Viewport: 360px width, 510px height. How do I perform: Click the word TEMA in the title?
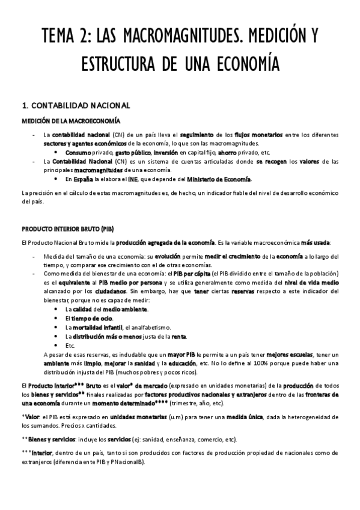(x=59, y=37)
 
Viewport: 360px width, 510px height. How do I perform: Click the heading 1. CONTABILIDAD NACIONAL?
(x=75, y=106)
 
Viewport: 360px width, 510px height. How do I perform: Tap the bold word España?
(x=86, y=179)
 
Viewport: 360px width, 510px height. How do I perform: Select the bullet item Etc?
(x=70, y=345)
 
